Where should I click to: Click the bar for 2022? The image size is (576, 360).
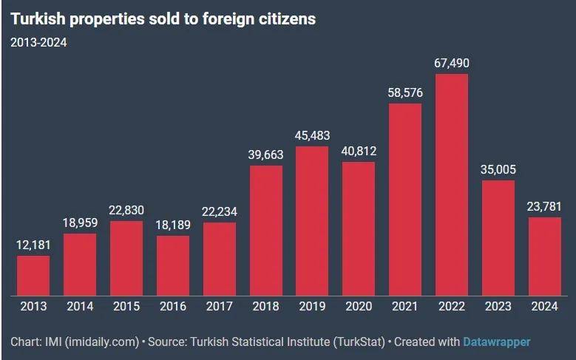coord(452,185)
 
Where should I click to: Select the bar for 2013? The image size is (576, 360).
coord(33,276)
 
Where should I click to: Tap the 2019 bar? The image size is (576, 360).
coord(312,221)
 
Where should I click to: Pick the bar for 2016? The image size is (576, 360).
coord(173,265)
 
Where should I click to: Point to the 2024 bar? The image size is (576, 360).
coord(545,257)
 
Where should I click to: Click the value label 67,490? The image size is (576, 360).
coord(452,64)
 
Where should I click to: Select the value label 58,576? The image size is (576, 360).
coord(405,93)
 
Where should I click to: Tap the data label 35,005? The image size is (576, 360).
coord(498,170)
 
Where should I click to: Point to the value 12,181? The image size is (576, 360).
coord(33,245)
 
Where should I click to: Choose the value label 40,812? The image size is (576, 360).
coord(359,152)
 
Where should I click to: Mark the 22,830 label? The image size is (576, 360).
coord(126,211)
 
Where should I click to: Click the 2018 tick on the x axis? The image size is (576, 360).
coord(265,306)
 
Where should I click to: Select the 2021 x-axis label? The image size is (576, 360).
coord(405,306)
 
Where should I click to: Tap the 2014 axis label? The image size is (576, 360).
coord(80,306)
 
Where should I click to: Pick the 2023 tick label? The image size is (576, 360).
coord(498,306)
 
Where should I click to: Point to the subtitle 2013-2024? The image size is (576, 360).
coord(38,42)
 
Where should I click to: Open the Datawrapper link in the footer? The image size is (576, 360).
coord(496,342)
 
